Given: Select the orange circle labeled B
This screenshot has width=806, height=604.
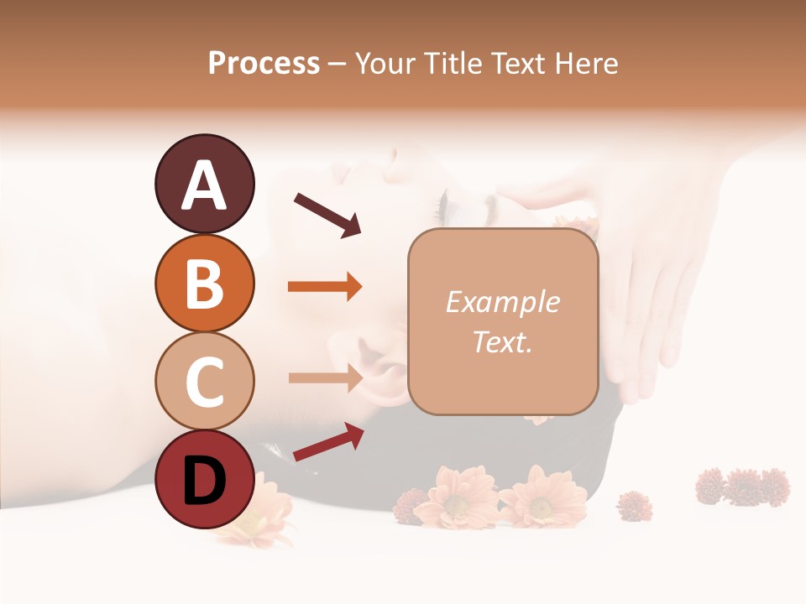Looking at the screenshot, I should tap(204, 283).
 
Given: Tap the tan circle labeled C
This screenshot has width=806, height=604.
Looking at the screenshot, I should tap(204, 381).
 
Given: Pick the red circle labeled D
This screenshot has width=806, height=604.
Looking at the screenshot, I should tap(204, 479).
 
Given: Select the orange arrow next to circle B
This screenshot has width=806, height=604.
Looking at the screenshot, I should tap(325, 286).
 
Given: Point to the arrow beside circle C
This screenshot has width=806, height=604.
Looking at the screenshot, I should tap(325, 377).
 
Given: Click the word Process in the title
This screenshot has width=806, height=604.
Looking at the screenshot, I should tap(264, 63).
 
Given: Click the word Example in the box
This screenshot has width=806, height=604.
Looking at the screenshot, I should tap(502, 302).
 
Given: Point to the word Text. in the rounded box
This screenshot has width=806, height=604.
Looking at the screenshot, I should tap(502, 341).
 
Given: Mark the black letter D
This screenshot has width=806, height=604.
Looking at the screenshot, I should tap(204, 481).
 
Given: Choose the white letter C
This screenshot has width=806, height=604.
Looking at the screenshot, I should tap(204, 383).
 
